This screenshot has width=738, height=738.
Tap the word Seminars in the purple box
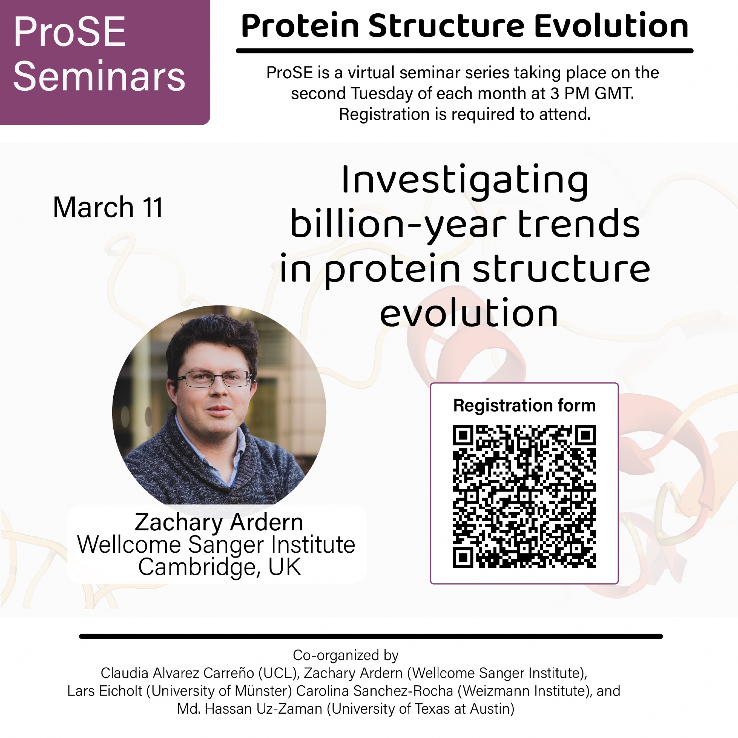[99, 76]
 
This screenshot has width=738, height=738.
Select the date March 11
[108, 207]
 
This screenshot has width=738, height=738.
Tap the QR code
[524, 496]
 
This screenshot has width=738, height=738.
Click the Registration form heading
[524, 405]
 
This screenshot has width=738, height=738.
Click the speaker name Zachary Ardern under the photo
[219, 522]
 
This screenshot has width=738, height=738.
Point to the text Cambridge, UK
[220, 567]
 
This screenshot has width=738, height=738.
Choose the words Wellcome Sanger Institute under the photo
[216, 544]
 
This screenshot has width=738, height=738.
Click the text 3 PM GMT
[592, 93]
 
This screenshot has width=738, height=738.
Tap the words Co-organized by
[346, 655]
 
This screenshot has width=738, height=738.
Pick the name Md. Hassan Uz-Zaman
[250, 709]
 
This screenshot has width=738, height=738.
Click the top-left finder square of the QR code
[463, 435]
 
